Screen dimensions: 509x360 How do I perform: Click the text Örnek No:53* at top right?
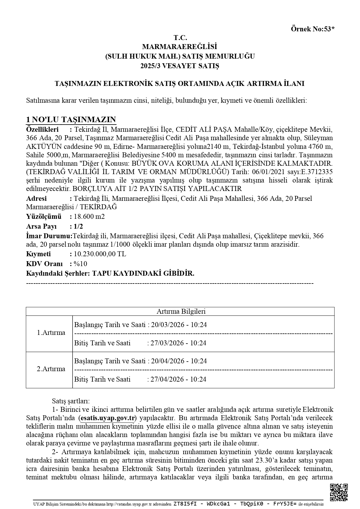pos(312,29)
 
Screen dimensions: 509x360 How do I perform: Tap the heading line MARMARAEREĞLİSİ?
pos(180,47)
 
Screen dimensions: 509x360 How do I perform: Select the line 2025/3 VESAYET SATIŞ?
pos(180,66)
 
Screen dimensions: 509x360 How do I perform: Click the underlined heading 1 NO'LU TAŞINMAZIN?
pos(71,120)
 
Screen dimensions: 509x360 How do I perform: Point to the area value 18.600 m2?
pos(89,216)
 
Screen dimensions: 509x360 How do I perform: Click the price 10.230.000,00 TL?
pos(100,254)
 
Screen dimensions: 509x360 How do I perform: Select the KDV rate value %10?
pos(80,264)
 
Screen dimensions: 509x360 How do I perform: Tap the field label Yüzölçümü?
pos(44,216)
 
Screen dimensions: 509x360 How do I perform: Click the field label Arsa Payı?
pos(41,226)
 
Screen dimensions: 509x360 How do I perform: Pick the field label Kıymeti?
pos(39,254)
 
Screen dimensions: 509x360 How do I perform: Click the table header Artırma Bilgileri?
pos(181,311)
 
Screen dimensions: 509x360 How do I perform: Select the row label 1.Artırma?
pos(51,333)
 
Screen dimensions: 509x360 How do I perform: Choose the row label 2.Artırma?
pos(51,369)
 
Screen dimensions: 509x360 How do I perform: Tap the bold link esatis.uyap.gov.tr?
pos(107,418)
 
